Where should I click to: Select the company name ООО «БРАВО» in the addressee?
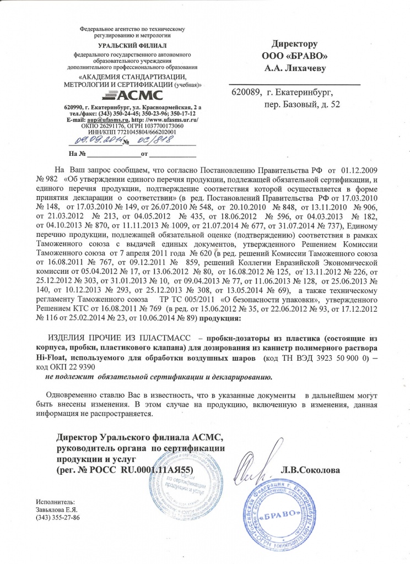(x=295, y=56)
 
